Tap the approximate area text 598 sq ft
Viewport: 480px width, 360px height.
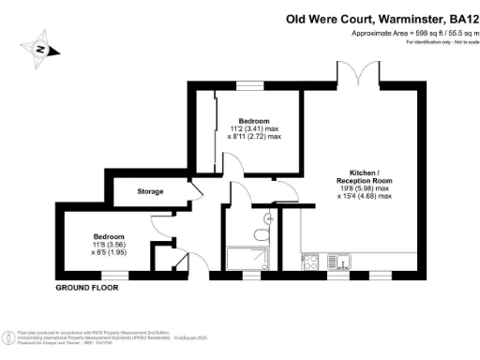[x=412, y=33]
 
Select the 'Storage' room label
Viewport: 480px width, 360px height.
[x=149, y=191]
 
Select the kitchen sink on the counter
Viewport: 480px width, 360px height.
[x=344, y=260]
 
